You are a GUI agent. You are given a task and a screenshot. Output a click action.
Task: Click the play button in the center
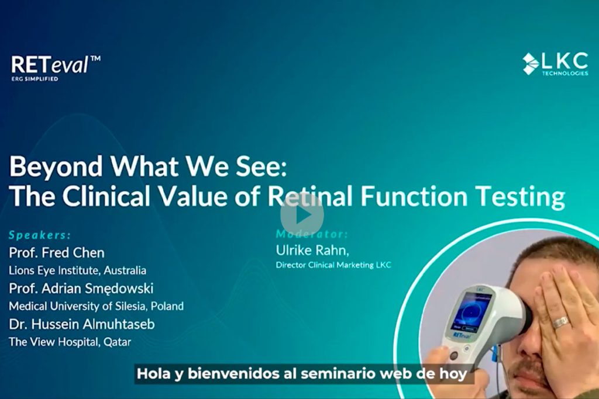click(302, 216)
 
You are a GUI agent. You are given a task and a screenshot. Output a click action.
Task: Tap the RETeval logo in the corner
click(56, 68)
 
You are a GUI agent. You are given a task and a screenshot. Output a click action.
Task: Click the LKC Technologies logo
click(556, 64)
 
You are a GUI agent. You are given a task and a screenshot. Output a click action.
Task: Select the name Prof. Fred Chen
click(57, 252)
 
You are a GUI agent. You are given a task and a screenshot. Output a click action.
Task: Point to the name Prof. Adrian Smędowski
click(81, 289)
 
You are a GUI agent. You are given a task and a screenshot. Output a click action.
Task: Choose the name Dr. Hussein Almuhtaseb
click(82, 324)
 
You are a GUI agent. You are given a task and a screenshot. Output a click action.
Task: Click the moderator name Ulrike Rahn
click(312, 250)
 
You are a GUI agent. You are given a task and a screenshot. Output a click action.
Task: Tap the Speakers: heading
click(40, 235)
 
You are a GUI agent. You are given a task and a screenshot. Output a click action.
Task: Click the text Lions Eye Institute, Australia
click(78, 270)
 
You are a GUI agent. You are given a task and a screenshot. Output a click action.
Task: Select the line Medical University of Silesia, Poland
click(97, 306)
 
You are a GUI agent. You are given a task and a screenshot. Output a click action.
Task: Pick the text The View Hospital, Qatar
click(70, 342)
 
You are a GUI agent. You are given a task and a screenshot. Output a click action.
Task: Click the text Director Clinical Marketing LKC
click(333, 265)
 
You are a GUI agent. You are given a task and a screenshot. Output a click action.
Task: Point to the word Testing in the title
click(521, 196)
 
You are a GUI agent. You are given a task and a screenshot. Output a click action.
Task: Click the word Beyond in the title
click(56, 166)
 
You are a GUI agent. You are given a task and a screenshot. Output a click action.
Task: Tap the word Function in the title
click(415, 196)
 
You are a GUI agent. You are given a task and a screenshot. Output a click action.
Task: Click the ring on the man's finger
click(560, 322)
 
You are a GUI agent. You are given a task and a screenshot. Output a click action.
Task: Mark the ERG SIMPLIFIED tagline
click(35, 79)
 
